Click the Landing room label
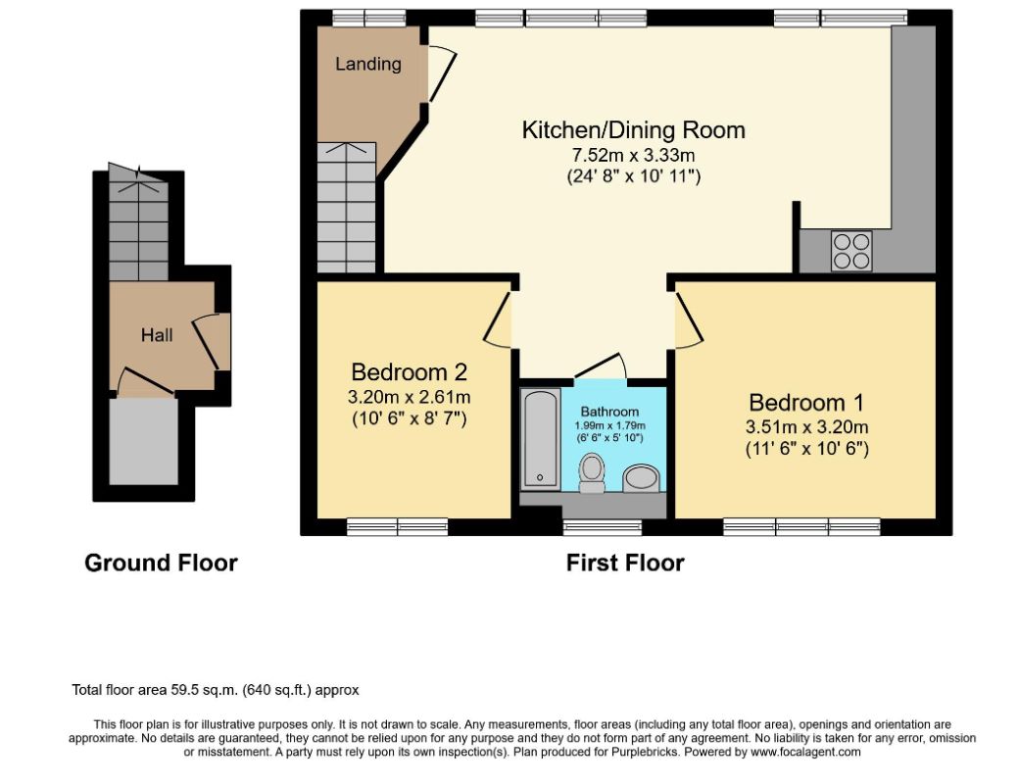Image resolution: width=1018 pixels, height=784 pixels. pyautogui.click(x=368, y=64)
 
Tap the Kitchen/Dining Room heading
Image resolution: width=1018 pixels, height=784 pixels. pyautogui.click(x=634, y=130)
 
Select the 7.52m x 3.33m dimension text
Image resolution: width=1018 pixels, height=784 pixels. pyautogui.click(x=634, y=155)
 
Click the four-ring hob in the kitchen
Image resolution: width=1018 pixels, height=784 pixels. pyautogui.click(x=851, y=251)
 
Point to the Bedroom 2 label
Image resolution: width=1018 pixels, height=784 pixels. pyautogui.click(x=409, y=372)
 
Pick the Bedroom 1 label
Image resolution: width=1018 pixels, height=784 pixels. pyautogui.click(x=806, y=403)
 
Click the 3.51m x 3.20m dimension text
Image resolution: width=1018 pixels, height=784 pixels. pyautogui.click(x=807, y=426)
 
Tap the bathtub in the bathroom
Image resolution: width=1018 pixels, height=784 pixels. pyautogui.click(x=541, y=439)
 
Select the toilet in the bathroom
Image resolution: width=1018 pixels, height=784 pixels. pyautogui.click(x=592, y=472)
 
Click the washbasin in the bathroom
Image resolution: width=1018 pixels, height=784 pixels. pyautogui.click(x=642, y=478)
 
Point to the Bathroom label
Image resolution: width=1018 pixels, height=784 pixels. pyautogui.click(x=609, y=412)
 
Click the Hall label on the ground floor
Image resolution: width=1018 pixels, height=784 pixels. pyautogui.click(x=157, y=335)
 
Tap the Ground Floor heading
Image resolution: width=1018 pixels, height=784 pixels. pyautogui.click(x=161, y=563)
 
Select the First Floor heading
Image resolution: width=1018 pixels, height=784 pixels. pyautogui.click(x=625, y=563)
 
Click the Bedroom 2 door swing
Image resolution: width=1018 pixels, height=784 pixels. pyautogui.click(x=498, y=319)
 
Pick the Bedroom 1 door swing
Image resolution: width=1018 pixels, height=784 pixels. pyautogui.click(x=690, y=319)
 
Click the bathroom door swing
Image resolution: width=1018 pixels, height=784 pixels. pyautogui.click(x=601, y=366)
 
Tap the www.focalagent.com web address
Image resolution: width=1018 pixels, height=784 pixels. pyautogui.click(x=805, y=753)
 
